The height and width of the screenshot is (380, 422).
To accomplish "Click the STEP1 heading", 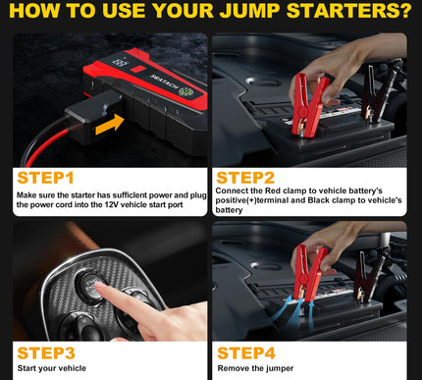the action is click(x=45, y=178).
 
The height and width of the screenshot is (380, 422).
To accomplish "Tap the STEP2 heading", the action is click(x=245, y=178).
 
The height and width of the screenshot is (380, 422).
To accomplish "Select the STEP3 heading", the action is click(x=46, y=353).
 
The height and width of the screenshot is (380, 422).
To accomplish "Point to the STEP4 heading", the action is click(x=246, y=353).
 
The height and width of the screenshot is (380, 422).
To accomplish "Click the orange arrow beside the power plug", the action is click(x=110, y=125).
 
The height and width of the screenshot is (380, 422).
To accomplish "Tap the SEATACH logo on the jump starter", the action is click(x=164, y=81).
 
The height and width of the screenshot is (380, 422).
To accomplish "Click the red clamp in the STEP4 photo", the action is click(x=309, y=273).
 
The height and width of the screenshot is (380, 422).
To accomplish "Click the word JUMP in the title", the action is click(x=249, y=11).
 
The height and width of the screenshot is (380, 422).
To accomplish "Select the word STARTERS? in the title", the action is click(x=348, y=11).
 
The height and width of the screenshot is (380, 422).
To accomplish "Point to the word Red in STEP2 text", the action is click(x=273, y=190).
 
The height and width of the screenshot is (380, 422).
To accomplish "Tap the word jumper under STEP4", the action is click(x=279, y=368).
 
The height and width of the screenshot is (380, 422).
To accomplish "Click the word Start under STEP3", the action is click(x=28, y=368).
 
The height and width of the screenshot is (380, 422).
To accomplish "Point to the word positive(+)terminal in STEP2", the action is click(x=252, y=200).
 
